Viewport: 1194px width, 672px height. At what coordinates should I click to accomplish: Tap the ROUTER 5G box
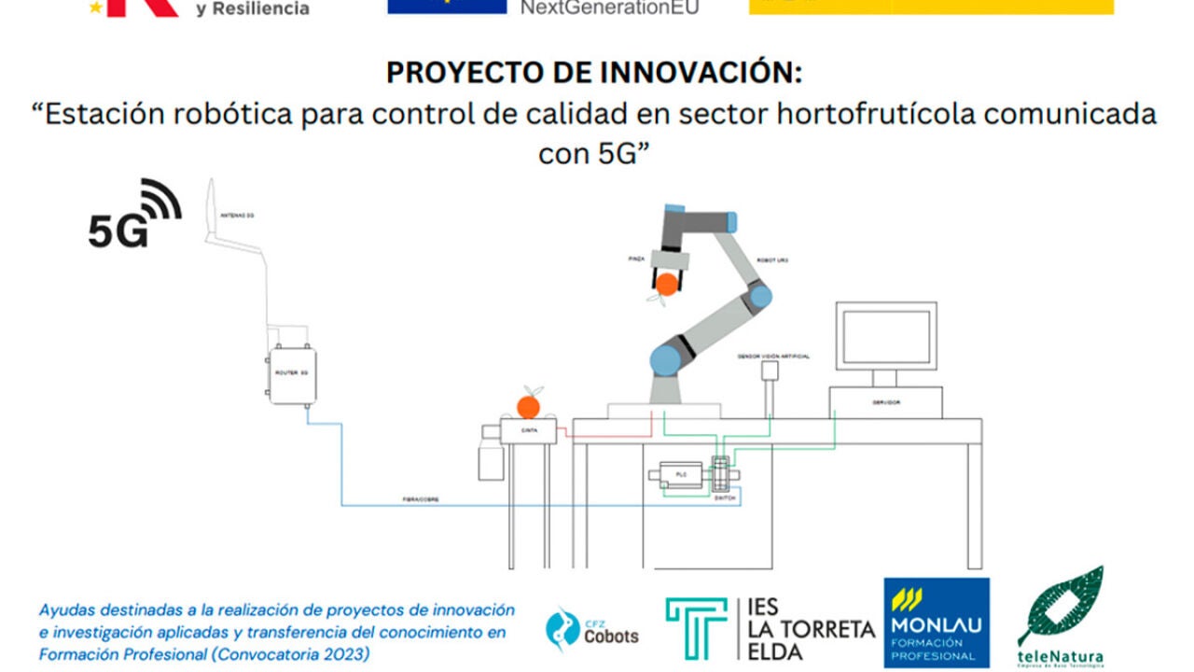pos(293,375)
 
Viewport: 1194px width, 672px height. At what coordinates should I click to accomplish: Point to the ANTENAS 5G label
pos(237,216)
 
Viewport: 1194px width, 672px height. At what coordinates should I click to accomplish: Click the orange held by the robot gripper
pos(667,284)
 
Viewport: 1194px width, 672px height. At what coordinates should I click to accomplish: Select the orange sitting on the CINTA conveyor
pos(528,406)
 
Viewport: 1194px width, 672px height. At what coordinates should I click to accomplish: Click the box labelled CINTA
pos(528,431)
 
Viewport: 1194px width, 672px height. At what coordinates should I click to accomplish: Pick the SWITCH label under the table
pos(725,499)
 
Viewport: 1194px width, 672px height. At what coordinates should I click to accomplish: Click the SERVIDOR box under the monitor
pos(885,402)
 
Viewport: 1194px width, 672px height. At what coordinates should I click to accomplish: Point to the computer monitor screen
pos(885,337)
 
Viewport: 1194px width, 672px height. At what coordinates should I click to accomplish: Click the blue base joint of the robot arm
pos(665,359)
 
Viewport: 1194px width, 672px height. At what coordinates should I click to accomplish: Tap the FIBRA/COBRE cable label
pos(421,500)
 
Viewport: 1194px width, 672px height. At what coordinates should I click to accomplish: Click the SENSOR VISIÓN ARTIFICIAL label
pos(773,357)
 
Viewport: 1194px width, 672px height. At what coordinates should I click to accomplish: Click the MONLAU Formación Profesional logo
pos(936,623)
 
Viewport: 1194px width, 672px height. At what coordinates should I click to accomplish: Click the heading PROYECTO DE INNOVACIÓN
pos(594,72)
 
